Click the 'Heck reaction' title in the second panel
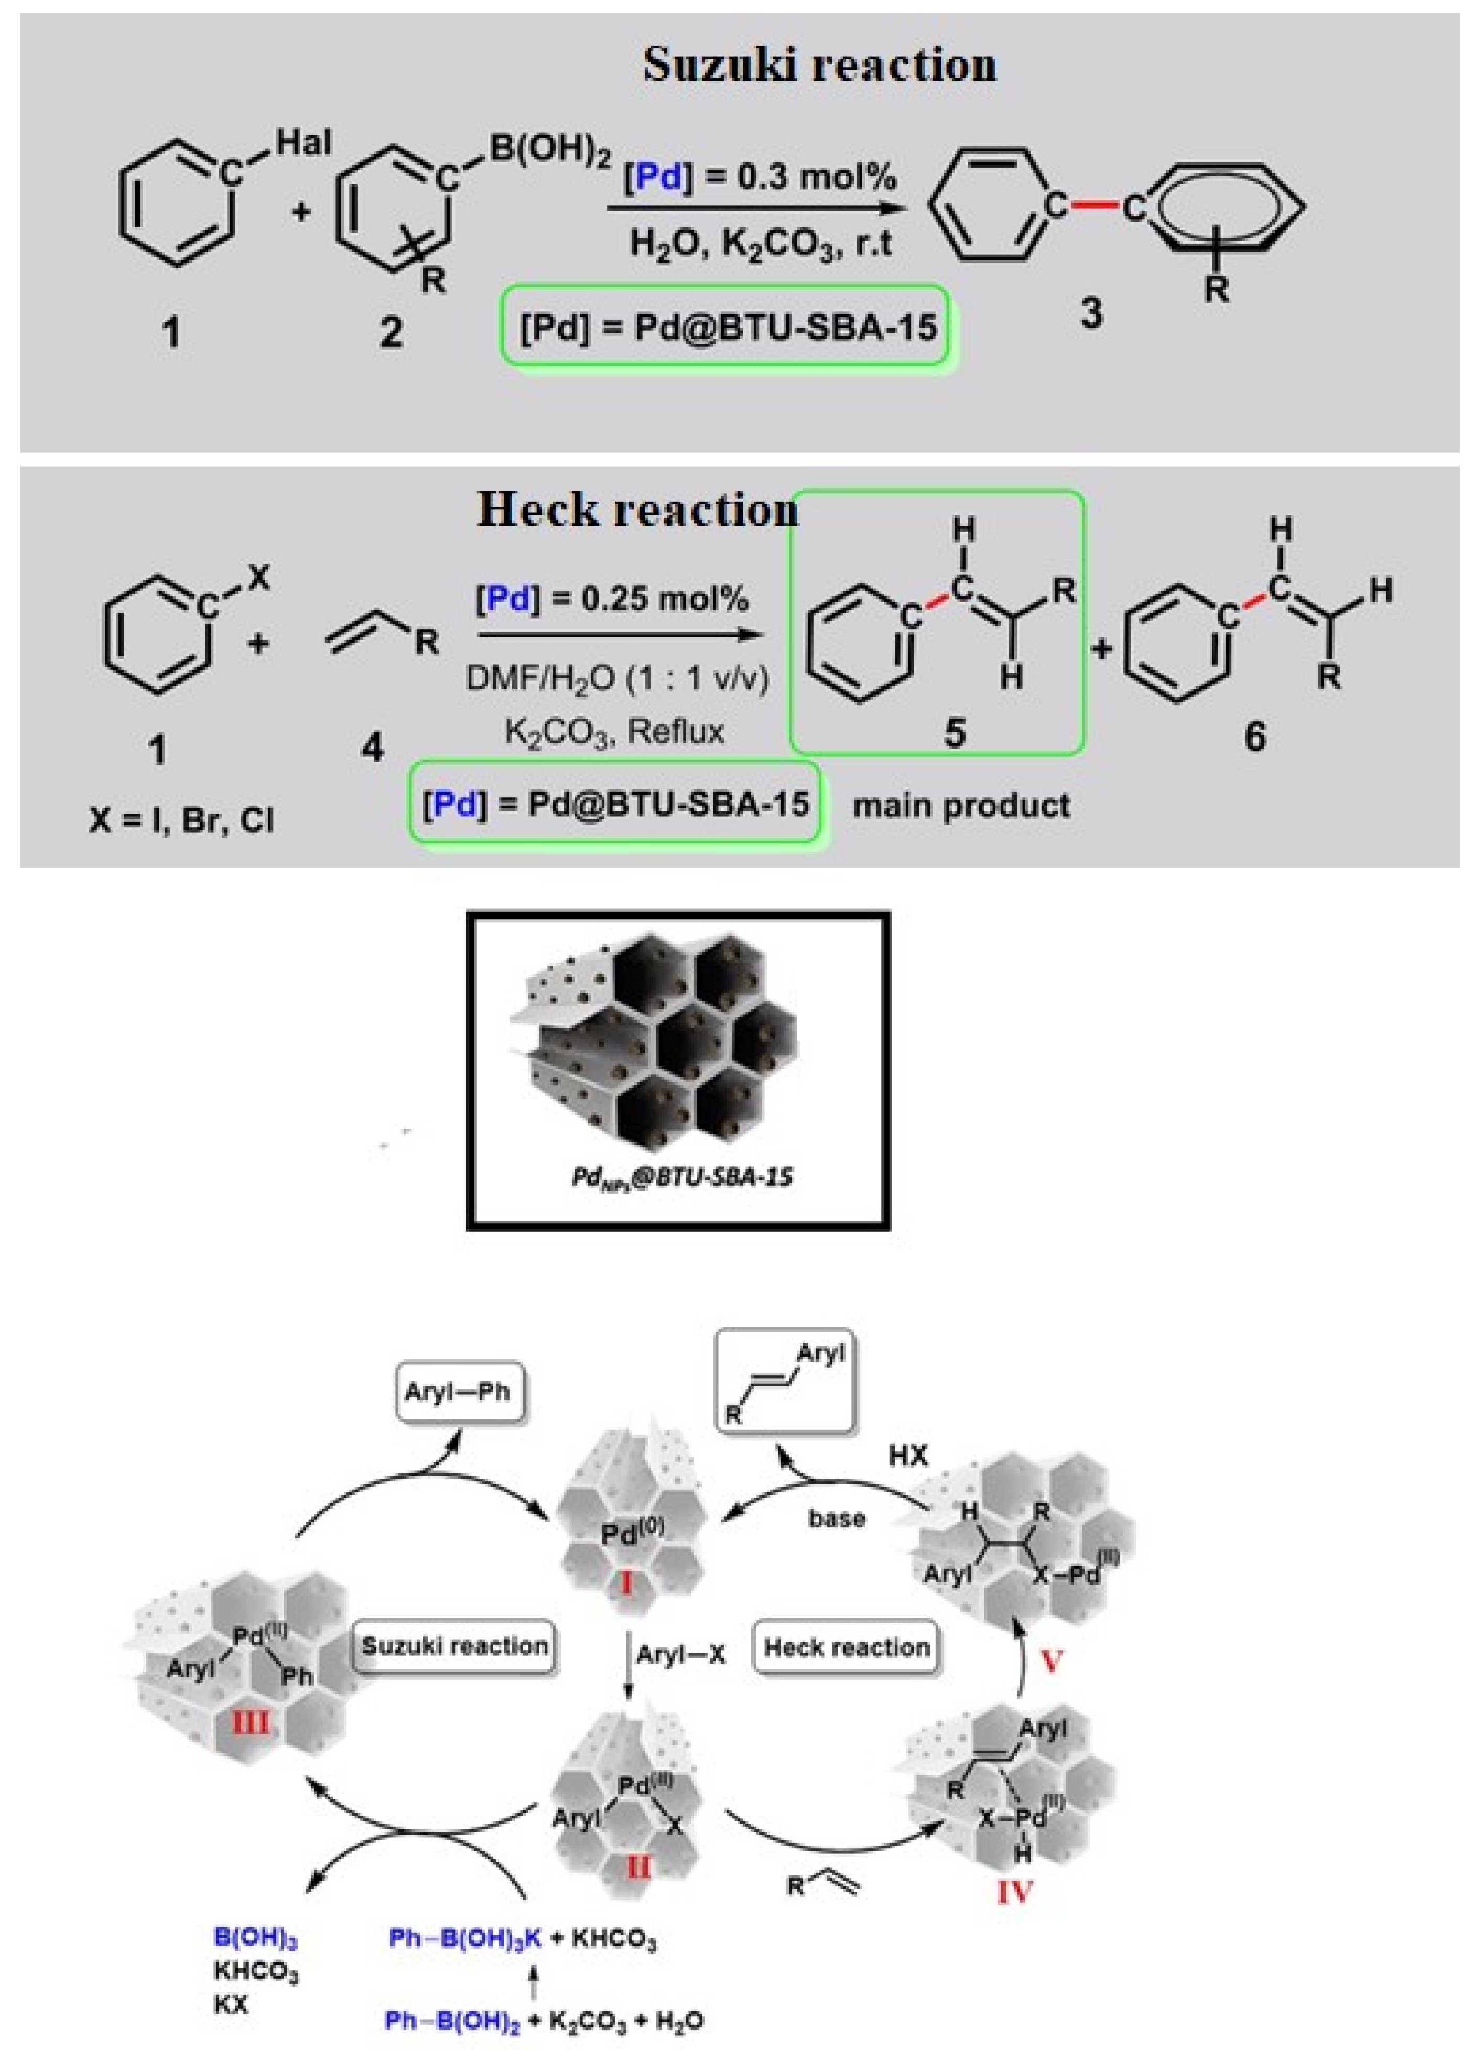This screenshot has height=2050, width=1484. (637, 510)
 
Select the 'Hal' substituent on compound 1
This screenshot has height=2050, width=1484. (304, 143)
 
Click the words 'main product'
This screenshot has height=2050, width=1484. (961, 805)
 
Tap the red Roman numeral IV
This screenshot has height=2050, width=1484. (1014, 1891)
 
